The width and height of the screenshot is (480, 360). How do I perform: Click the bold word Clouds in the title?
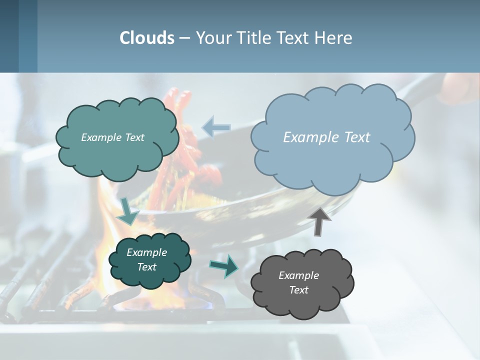(147, 38)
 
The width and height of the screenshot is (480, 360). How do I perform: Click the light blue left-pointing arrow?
(216, 126)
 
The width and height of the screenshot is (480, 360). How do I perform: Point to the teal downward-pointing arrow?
(128, 211)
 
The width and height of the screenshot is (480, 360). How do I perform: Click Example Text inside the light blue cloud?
(326, 137)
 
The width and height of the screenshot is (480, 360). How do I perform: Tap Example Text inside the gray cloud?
(298, 282)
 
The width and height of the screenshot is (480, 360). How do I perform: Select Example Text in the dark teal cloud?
(146, 259)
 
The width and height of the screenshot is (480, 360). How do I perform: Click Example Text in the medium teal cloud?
(112, 137)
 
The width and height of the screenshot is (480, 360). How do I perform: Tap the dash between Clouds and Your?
(184, 38)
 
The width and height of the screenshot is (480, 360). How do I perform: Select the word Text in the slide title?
(294, 38)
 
